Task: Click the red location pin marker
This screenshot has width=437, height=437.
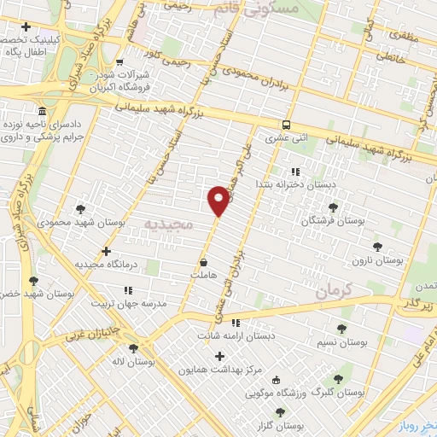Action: pyautogui.click(x=218, y=200)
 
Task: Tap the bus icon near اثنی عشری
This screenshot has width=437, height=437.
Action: pyautogui.click(x=286, y=123)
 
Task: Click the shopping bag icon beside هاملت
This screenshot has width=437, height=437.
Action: pyautogui.click(x=203, y=262)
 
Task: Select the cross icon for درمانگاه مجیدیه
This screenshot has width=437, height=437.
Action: pyautogui.click(x=106, y=251)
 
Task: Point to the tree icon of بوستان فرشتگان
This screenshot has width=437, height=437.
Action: pyautogui.click(x=333, y=207)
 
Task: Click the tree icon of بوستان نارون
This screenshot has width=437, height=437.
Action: pyautogui.click(x=377, y=247)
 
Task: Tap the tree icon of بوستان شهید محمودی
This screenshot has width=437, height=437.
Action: pyautogui.click(x=80, y=208)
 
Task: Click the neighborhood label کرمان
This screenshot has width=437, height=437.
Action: pyautogui.click(x=333, y=291)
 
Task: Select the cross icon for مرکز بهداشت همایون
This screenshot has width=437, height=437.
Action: pyautogui.click(x=220, y=356)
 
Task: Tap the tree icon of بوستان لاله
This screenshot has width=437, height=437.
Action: pyautogui.click(x=133, y=348)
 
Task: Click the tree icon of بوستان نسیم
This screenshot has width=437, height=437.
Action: pyautogui.click(x=341, y=329)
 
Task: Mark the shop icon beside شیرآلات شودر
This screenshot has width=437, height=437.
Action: pyautogui.click(x=119, y=62)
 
